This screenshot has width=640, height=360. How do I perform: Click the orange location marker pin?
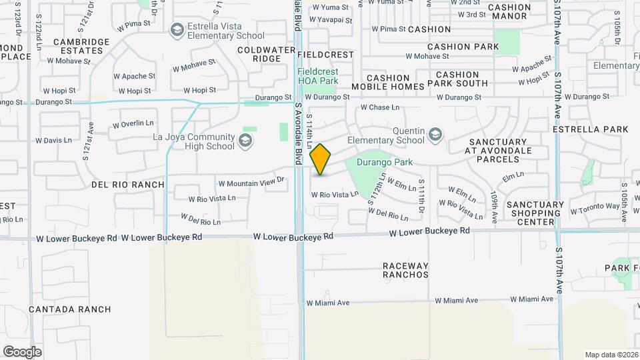[x=321, y=159]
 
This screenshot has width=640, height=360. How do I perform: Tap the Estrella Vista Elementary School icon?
[x=177, y=29]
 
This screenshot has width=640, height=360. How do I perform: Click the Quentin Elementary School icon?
[x=435, y=134]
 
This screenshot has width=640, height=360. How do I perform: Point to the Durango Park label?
[x=385, y=162]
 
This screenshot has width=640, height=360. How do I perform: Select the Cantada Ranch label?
[x=70, y=309]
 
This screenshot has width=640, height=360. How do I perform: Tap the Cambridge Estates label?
[x=81, y=47]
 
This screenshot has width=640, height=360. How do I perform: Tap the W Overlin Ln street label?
[x=133, y=124]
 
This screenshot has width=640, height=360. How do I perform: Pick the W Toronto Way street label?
[x=595, y=208]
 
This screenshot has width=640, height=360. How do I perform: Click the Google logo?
[x=22, y=351]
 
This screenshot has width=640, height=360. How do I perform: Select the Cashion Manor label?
[x=509, y=13]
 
